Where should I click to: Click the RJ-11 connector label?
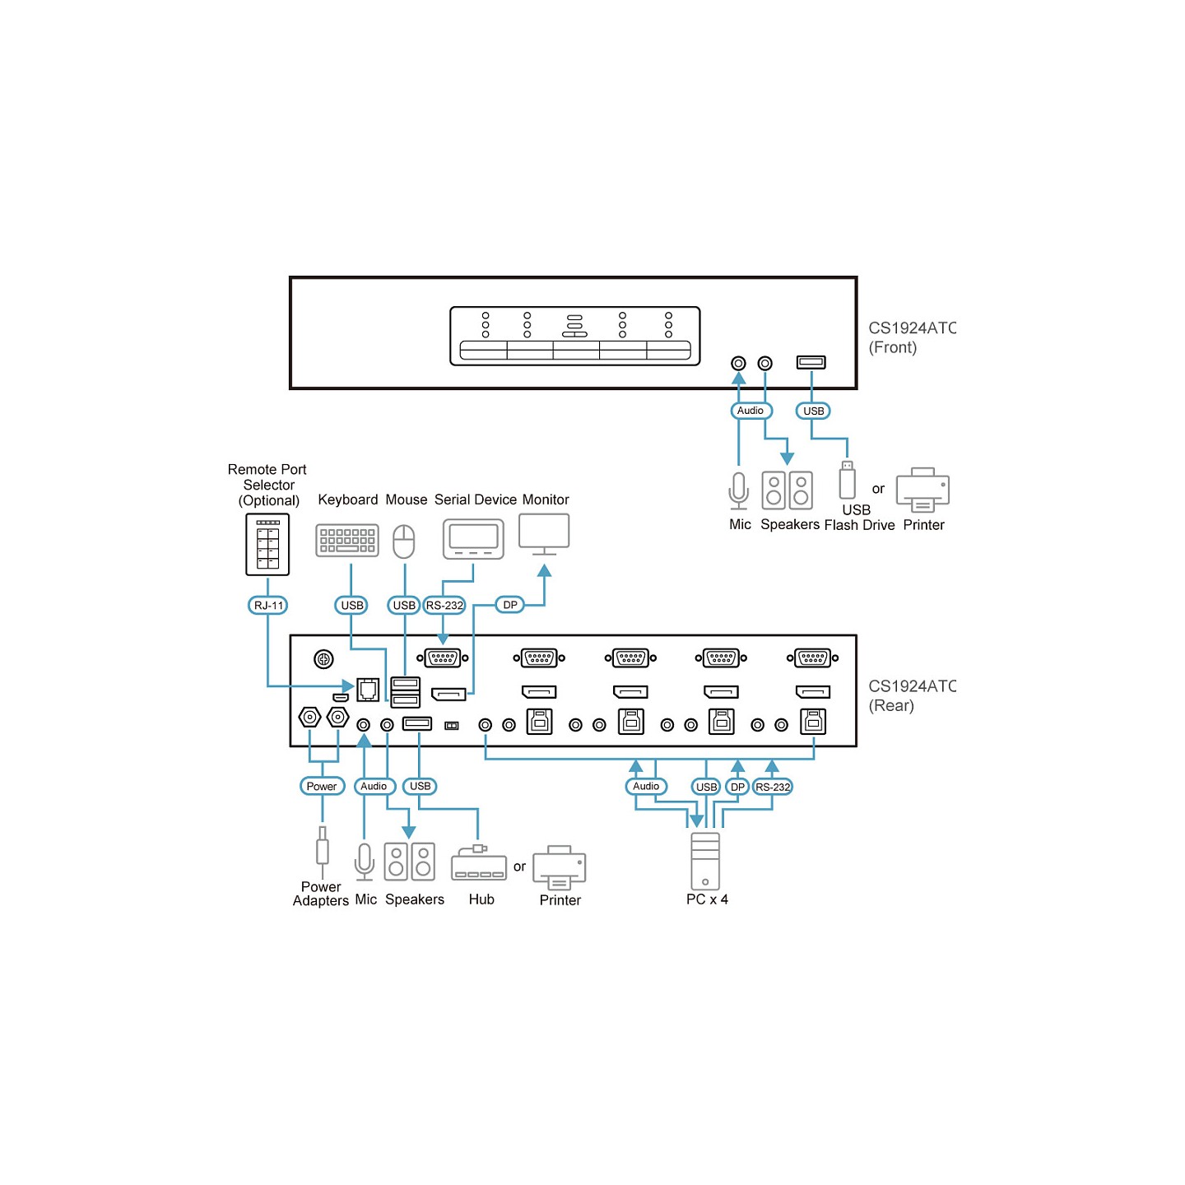click(267, 605)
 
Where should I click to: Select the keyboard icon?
click(346, 541)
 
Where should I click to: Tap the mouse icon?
click(404, 541)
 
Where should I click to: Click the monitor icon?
click(544, 534)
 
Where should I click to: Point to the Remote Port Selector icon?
click(267, 544)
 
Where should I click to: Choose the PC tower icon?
click(705, 861)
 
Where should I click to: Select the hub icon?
click(478, 863)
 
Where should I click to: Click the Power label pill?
click(322, 786)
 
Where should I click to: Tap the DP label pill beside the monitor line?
click(509, 605)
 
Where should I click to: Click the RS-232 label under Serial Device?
click(444, 605)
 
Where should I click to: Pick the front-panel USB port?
click(811, 362)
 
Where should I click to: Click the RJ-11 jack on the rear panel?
click(368, 689)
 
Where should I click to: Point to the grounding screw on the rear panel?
click(323, 659)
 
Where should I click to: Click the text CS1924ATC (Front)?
click(911, 337)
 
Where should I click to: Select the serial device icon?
click(473, 539)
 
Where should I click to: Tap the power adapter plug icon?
click(322, 851)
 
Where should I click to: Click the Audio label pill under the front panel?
click(750, 410)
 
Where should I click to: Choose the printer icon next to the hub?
click(559, 867)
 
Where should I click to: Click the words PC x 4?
click(707, 899)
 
